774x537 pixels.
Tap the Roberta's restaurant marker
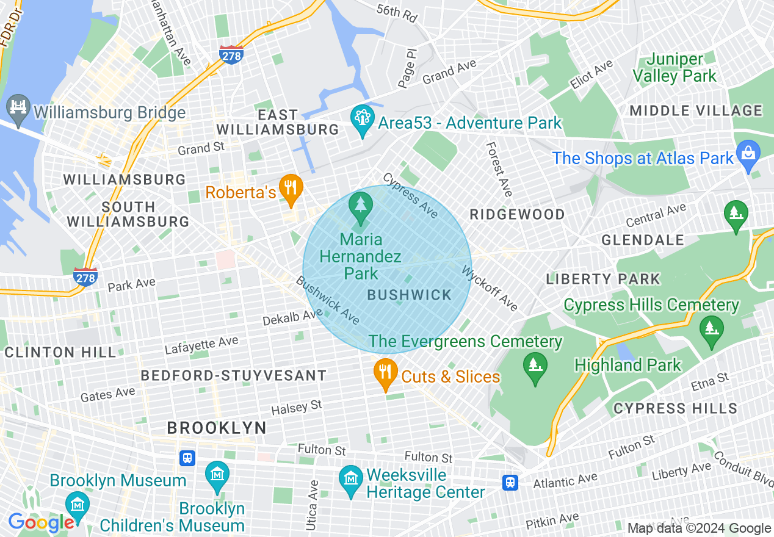click(x=291, y=189)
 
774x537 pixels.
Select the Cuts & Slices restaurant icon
click(x=385, y=374)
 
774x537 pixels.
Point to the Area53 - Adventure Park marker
click(x=363, y=120)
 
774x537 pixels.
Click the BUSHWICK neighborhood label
click(x=410, y=295)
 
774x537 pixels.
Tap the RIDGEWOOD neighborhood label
click(x=517, y=214)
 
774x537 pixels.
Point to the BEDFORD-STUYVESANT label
click(x=234, y=375)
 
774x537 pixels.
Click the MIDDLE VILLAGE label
click(x=696, y=111)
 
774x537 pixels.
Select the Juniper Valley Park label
click(x=675, y=68)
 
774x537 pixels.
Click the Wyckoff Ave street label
click(x=490, y=287)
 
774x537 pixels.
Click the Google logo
click(x=41, y=522)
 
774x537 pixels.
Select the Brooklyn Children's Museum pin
click(x=78, y=505)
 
